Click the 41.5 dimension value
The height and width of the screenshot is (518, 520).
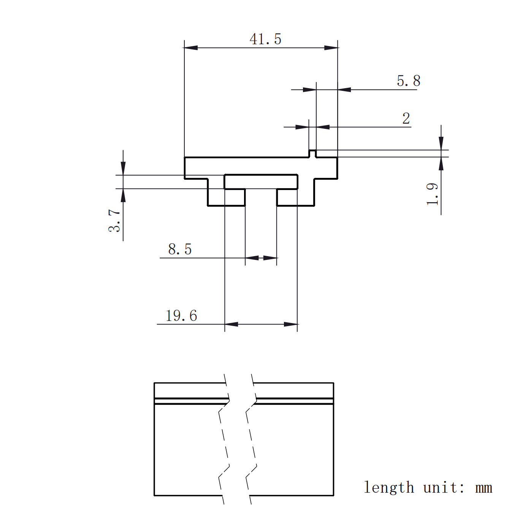[266, 39]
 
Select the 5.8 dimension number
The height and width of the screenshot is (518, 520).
[409, 81]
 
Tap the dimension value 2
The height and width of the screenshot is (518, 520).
[406, 119]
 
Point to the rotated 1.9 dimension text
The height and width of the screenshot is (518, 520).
[432, 194]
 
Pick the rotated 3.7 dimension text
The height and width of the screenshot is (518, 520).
[114, 221]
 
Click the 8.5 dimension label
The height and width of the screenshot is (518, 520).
[180, 249]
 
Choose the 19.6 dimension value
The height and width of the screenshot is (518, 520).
[181, 315]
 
